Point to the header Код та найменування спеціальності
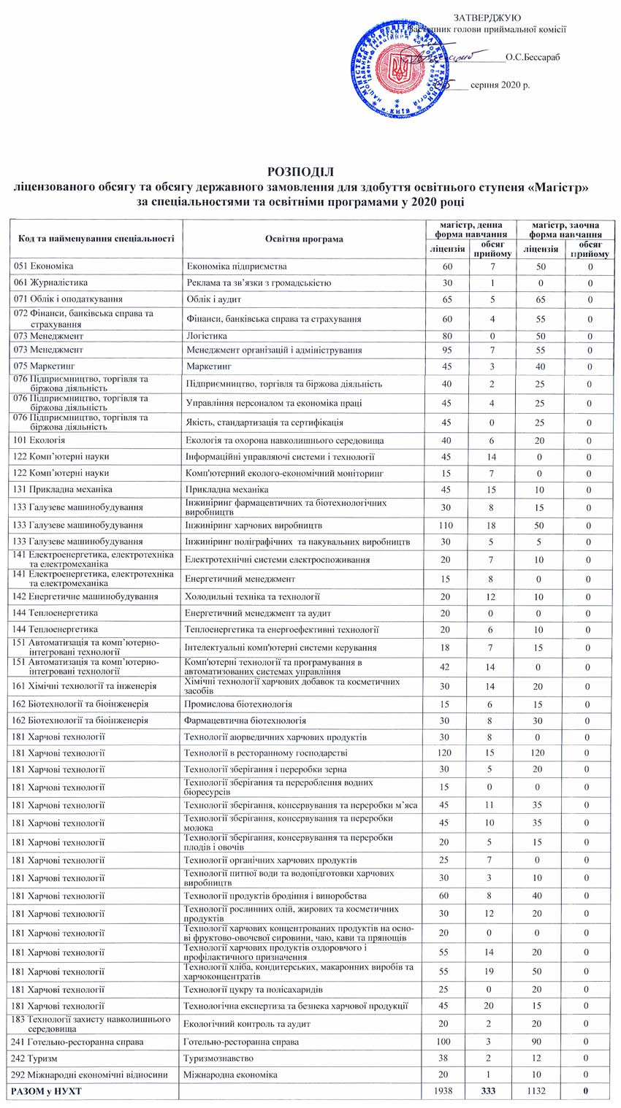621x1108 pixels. coord(95,239)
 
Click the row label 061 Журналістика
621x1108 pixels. coord(50,282)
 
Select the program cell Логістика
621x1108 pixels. coord(207,336)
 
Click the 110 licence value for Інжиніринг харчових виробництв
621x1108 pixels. coord(448,525)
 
